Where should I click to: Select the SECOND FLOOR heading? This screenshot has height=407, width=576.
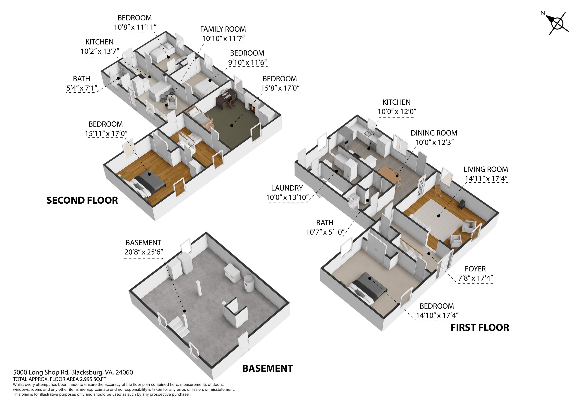[82, 200]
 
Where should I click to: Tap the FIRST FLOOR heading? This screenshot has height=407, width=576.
[480, 328]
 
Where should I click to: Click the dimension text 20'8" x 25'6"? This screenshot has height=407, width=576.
[144, 252]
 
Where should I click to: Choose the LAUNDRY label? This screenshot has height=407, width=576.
[287, 188]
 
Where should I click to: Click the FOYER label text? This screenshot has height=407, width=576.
[475, 269]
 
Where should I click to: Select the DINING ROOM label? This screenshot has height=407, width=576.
[434, 133]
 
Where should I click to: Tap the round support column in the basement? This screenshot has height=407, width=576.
[199, 288]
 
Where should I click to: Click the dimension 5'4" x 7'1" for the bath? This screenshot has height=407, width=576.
[82, 88]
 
